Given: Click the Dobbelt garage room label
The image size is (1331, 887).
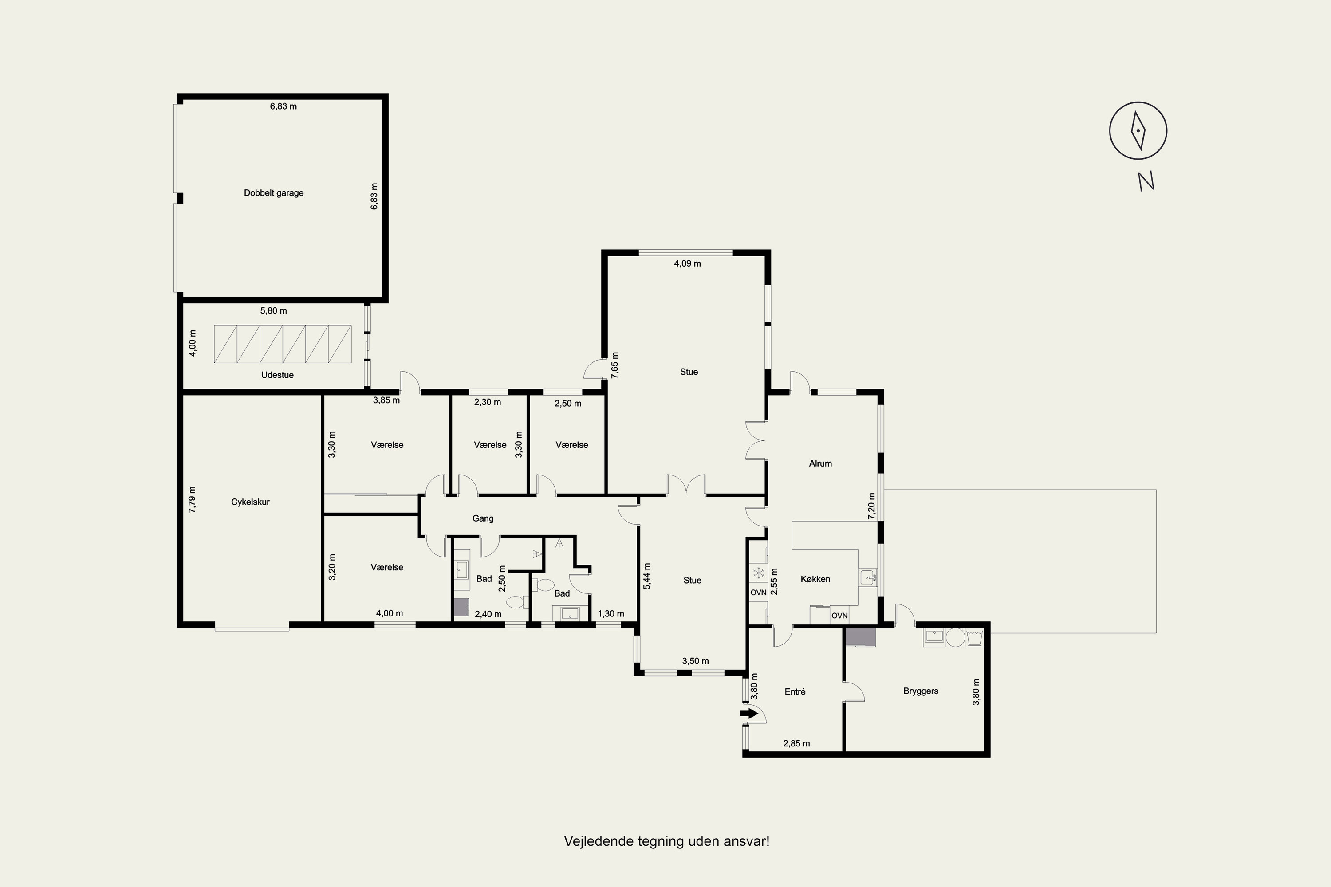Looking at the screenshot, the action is pyautogui.click(x=274, y=193).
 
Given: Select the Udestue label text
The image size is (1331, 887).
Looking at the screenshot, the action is pyautogui.click(x=277, y=375).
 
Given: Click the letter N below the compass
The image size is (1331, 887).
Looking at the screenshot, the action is pyautogui.click(x=1146, y=181).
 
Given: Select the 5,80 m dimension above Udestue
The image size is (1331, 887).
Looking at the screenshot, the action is pyautogui.click(x=273, y=310).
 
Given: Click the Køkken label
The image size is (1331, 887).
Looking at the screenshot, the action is pyautogui.click(x=815, y=579).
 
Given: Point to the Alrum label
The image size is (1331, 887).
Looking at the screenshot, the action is pyautogui.click(x=820, y=464).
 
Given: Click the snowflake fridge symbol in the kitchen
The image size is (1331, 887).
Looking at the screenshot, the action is pyautogui.click(x=758, y=573).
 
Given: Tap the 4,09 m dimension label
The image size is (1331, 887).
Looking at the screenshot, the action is pyautogui.click(x=688, y=263).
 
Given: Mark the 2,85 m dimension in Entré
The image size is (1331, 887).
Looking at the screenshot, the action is pyautogui.click(x=796, y=744).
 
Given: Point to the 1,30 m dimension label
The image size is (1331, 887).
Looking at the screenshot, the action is pyautogui.click(x=611, y=614).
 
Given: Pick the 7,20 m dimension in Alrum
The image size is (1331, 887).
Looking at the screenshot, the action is pyautogui.click(x=871, y=506).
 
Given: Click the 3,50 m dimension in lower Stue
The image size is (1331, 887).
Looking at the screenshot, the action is pyautogui.click(x=696, y=661).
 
